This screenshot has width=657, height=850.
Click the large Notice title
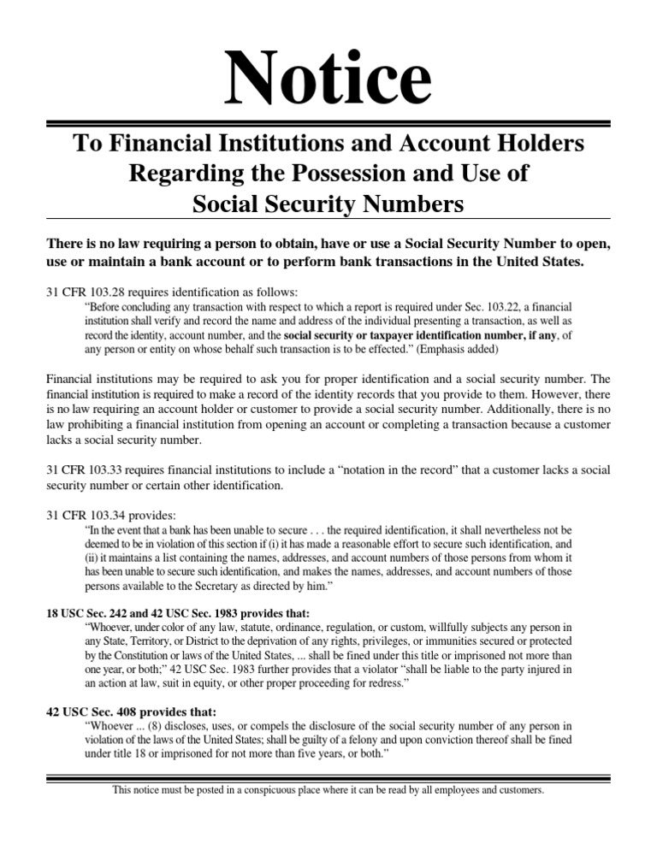(328, 80)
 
